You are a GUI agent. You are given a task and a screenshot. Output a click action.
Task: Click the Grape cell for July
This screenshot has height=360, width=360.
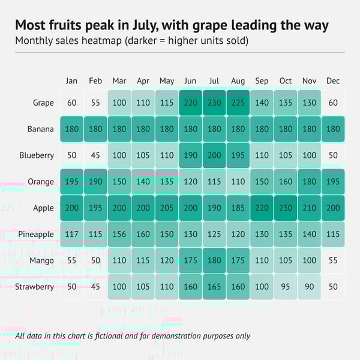click(x=214, y=103)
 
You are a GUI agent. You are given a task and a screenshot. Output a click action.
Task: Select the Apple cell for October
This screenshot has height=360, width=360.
click(x=286, y=208)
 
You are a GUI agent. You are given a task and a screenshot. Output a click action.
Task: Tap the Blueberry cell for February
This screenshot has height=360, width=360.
click(x=95, y=155)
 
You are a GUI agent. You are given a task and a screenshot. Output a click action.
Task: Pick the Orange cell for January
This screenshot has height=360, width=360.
click(x=71, y=182)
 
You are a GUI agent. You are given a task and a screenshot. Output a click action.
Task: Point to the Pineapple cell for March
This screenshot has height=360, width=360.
click(x=119, y=234)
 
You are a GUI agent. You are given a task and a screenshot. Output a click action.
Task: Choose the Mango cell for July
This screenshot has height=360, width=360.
click(x=214, y=260)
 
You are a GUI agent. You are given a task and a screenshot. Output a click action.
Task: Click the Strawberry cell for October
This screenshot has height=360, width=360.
click(x=286, y=287)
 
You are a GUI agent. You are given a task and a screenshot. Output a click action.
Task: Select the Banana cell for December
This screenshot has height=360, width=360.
click(x=333, y=129)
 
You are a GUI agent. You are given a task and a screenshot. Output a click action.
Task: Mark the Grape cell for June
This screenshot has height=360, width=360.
click(x=190, y=103)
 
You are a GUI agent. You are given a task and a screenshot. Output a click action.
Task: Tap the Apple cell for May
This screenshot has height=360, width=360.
click(x=167, y=208)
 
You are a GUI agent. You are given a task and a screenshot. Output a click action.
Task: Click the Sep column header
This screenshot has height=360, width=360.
click(x=262, y=81)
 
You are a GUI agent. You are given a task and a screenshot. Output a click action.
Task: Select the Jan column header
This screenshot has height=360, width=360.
click(x=71, y=81)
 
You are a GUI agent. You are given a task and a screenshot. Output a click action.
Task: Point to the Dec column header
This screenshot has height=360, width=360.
click(x=333, y=81)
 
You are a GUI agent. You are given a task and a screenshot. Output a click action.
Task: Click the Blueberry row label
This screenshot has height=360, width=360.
click(x=36, y=155)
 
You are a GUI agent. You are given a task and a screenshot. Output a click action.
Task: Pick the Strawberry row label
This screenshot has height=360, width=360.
click(x=34, y=287)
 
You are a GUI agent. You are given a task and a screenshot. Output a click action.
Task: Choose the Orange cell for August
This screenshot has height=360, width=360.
click(x=238, y=182)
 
